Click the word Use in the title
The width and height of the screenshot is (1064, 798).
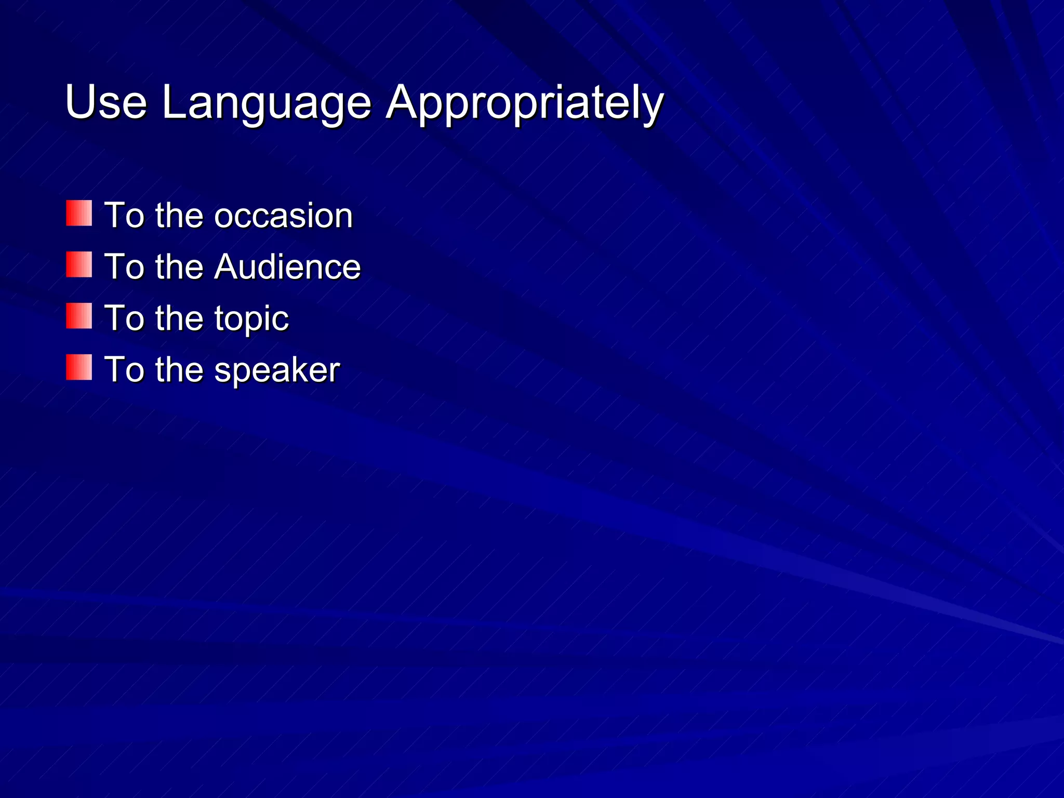tap(106, 102)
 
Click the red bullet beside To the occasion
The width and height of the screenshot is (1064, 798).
tap(79, 214)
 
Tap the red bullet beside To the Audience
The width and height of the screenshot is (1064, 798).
tap(79, 265)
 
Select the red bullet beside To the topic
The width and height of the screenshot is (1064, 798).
tap(79, 316)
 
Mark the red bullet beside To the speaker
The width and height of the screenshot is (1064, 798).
tap(79, 368)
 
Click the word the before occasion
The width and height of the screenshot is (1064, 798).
tap(179, 216)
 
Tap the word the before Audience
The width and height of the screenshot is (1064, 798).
tap(179, 267)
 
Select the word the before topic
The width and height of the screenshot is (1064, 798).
tap(179, 318)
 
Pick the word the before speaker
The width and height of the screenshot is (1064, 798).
tap(179, 370)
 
